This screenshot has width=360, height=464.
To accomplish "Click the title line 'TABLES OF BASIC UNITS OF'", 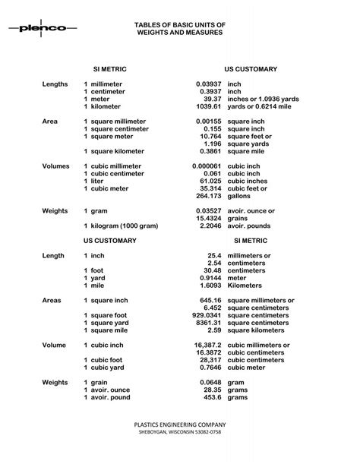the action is (x=179, y=24).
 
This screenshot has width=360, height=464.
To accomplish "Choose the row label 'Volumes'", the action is (x=55, y=166).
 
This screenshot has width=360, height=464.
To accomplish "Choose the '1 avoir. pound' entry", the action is (x=107, y=396).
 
